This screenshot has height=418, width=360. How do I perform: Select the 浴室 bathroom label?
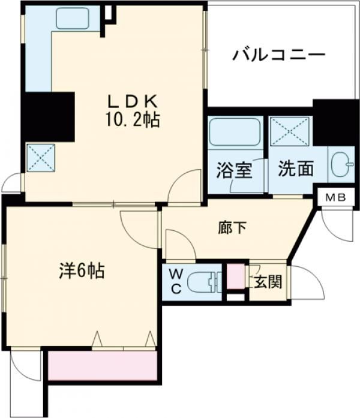[234, 169]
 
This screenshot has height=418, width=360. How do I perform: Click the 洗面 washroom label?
[295, 169]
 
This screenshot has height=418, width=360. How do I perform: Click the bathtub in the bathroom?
[234, 135]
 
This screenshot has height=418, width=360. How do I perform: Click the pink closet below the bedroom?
[102, 365]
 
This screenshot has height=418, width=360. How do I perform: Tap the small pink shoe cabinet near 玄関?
[236, 278]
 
